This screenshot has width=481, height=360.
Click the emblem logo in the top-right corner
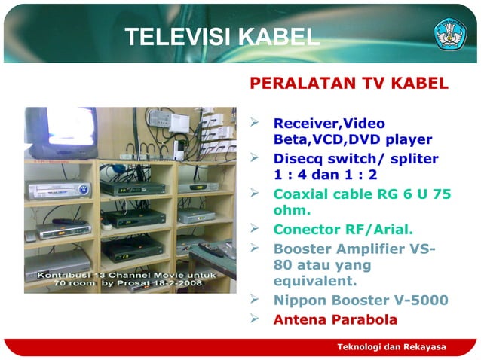pyautogui.click(x=450, y=34)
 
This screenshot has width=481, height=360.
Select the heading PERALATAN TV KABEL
pyautogui.click(x=349, y=83)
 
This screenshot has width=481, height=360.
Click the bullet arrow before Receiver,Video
pyautogui.click(x=256, y=123)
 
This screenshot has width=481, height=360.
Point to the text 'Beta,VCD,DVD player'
pyautogui.click(x=352, y=139)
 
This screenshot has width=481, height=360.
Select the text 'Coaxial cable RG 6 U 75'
pyautogui.click(x=362, y=194)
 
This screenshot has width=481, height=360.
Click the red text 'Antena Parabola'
pyautogui.click(x=335, y=319)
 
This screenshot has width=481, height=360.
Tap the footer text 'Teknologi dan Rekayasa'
pyautogui.click(x=391, y=346)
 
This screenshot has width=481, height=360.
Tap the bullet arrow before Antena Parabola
pyautogui.click(x=256, y=319)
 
